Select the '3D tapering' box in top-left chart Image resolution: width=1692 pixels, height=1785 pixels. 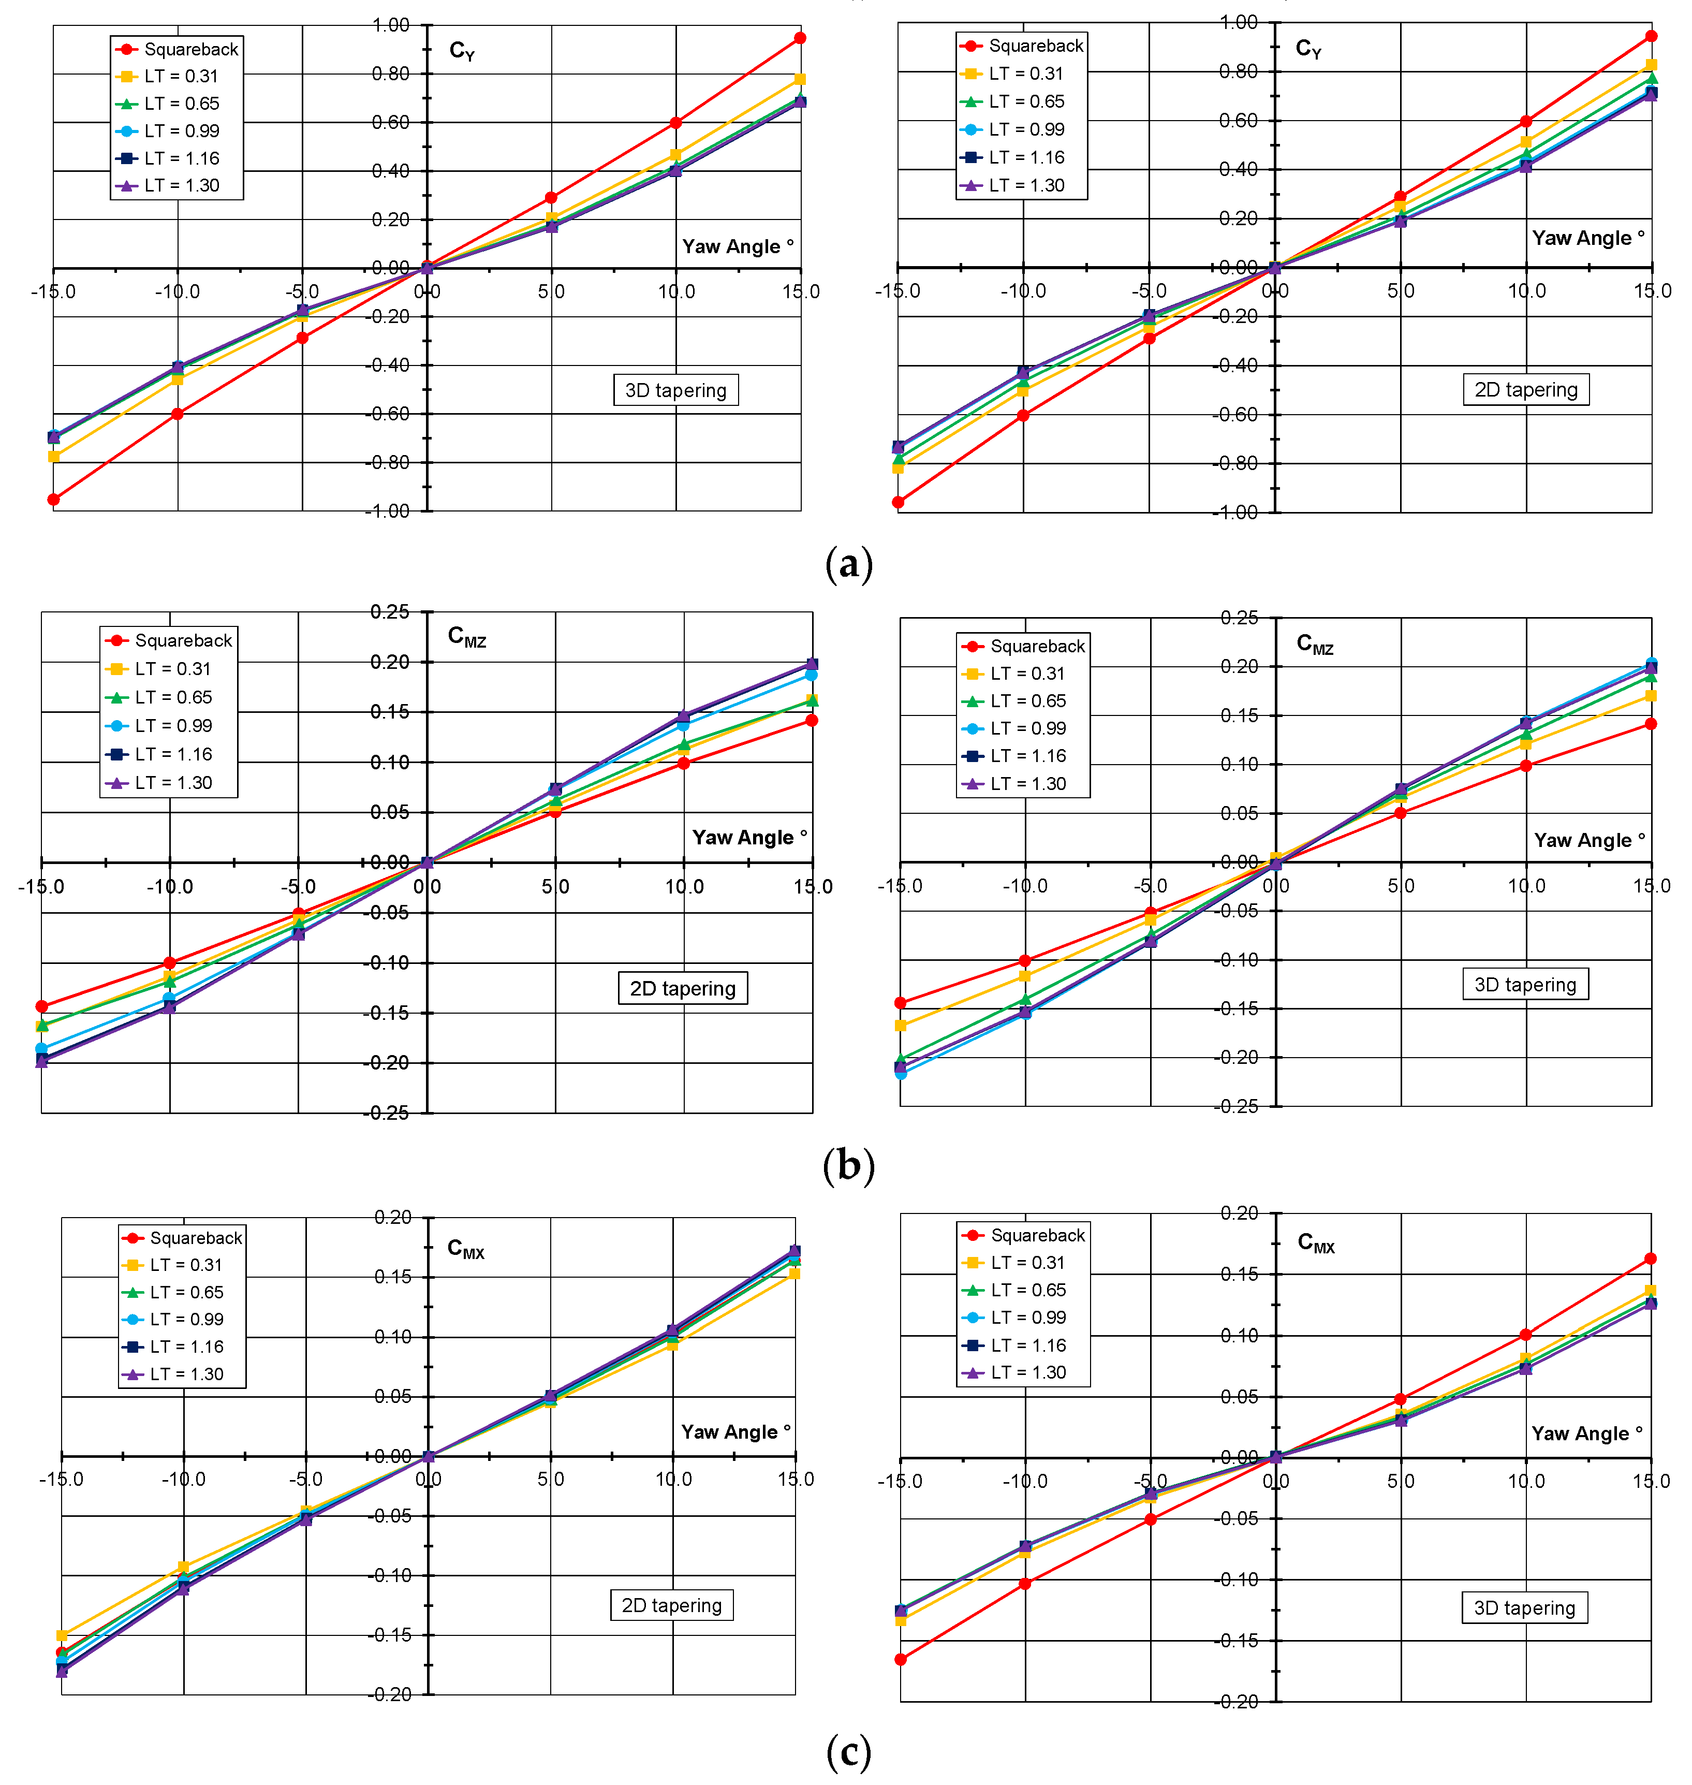(x=675, y=390)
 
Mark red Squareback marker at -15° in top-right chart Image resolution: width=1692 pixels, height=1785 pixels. (x=899, y=502)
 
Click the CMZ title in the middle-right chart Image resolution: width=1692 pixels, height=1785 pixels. (x=1314, y=644)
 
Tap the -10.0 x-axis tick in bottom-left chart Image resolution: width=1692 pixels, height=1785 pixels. (x=183, y=1479)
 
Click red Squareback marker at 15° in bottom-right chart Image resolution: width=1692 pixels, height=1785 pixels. (x=1650, y=1259)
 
